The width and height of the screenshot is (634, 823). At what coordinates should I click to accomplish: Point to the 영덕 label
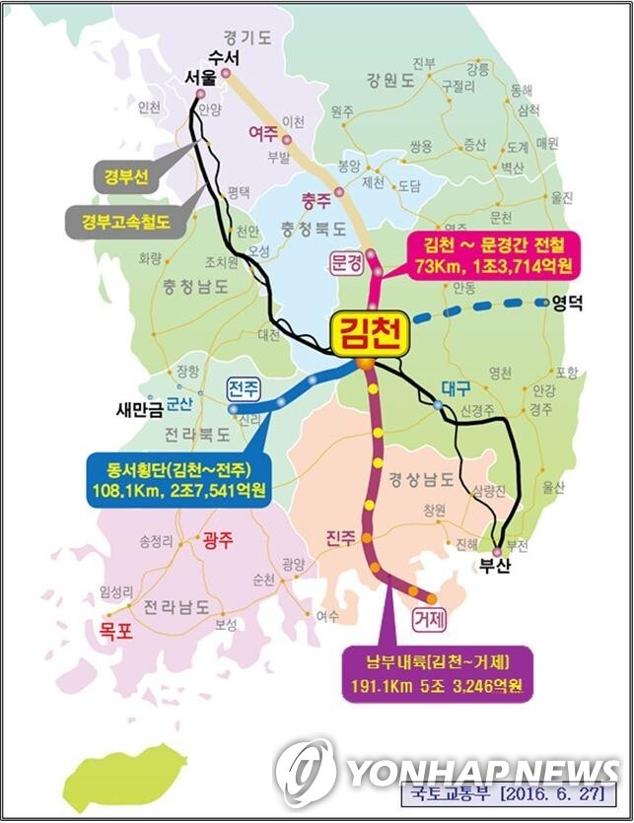coord(567,304)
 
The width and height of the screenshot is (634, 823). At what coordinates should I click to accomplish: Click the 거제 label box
coord(431,619)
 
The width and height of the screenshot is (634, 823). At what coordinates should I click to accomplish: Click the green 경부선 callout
coord(124,177)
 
